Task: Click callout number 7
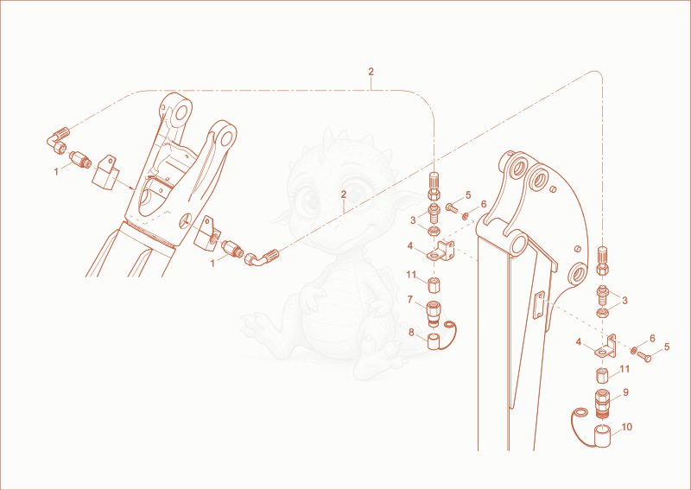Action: [409, 300]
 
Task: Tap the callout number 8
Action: [411, 332]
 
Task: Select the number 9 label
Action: [625, 392]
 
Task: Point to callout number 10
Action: [627, 427]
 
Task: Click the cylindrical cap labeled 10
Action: [602, 436]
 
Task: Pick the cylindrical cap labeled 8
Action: [435, 342]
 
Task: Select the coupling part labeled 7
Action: [434, 314]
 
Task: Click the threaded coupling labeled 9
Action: [602, 404]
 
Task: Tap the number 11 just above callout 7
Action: [411, 275]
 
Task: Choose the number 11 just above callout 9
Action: [624, 369]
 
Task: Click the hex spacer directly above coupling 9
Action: [602, 376]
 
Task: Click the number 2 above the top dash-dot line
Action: [371, 72]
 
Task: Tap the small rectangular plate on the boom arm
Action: [537, 304]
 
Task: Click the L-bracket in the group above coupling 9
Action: [605, 347]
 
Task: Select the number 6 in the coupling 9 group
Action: [653, 338]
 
